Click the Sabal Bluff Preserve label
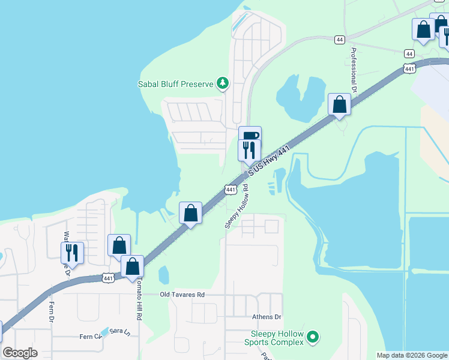(176, 84)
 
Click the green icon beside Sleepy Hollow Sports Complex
(312, 338)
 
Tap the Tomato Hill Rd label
(137, 300)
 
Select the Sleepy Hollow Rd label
(237, 205)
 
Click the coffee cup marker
(250, 135)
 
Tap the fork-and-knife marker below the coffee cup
(249, 149)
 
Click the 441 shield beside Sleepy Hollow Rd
(231, 190)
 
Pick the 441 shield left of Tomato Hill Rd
(108, 278)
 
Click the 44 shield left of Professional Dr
(339, 39)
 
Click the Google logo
(20, 353)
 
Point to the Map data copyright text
(412, 355)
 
